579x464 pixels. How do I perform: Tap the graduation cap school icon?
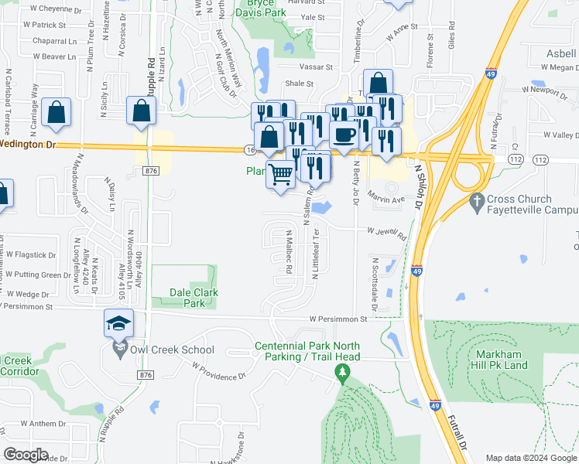(x=119, y=322)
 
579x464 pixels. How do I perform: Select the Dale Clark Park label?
(x=194, y=298)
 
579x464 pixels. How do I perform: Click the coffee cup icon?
(x=344, y=134)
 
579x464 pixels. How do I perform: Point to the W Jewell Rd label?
(x=386, y=231)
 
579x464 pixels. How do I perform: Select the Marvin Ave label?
(x=386, y=197)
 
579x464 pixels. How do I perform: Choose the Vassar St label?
(x=317, y=68)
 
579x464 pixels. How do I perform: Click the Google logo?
(x=26, y=454)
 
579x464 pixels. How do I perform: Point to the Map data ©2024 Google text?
(x=530, y=458)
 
